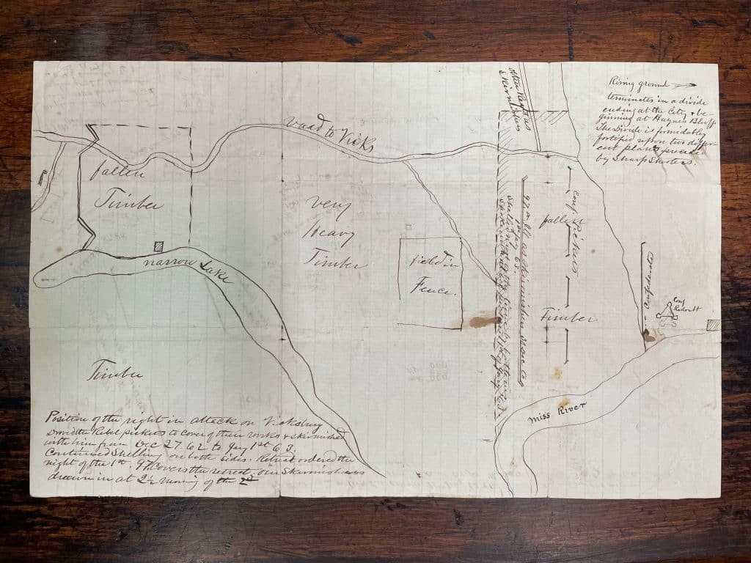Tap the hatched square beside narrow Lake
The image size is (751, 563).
pos(157,247)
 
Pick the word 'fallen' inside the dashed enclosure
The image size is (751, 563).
pos(111,174)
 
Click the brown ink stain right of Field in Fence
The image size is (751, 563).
pos(485,320)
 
